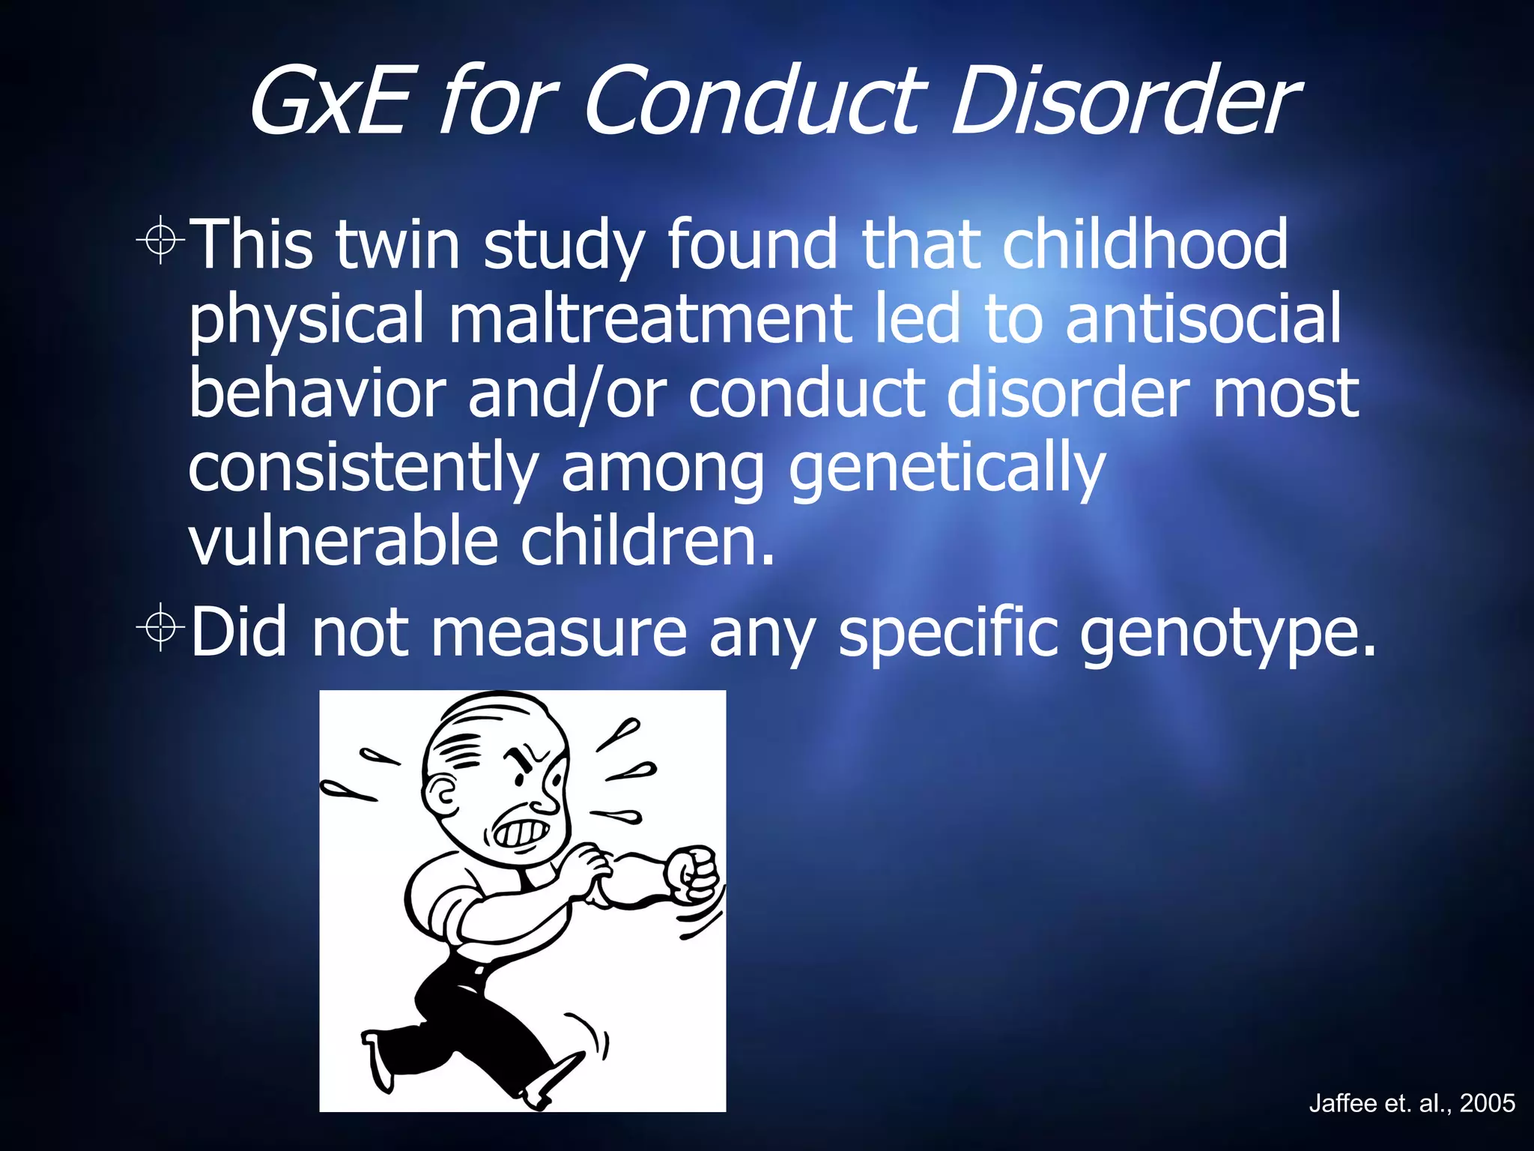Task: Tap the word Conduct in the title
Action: click(x=757, y=101)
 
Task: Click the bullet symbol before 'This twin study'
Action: click(x=160, y=241)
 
